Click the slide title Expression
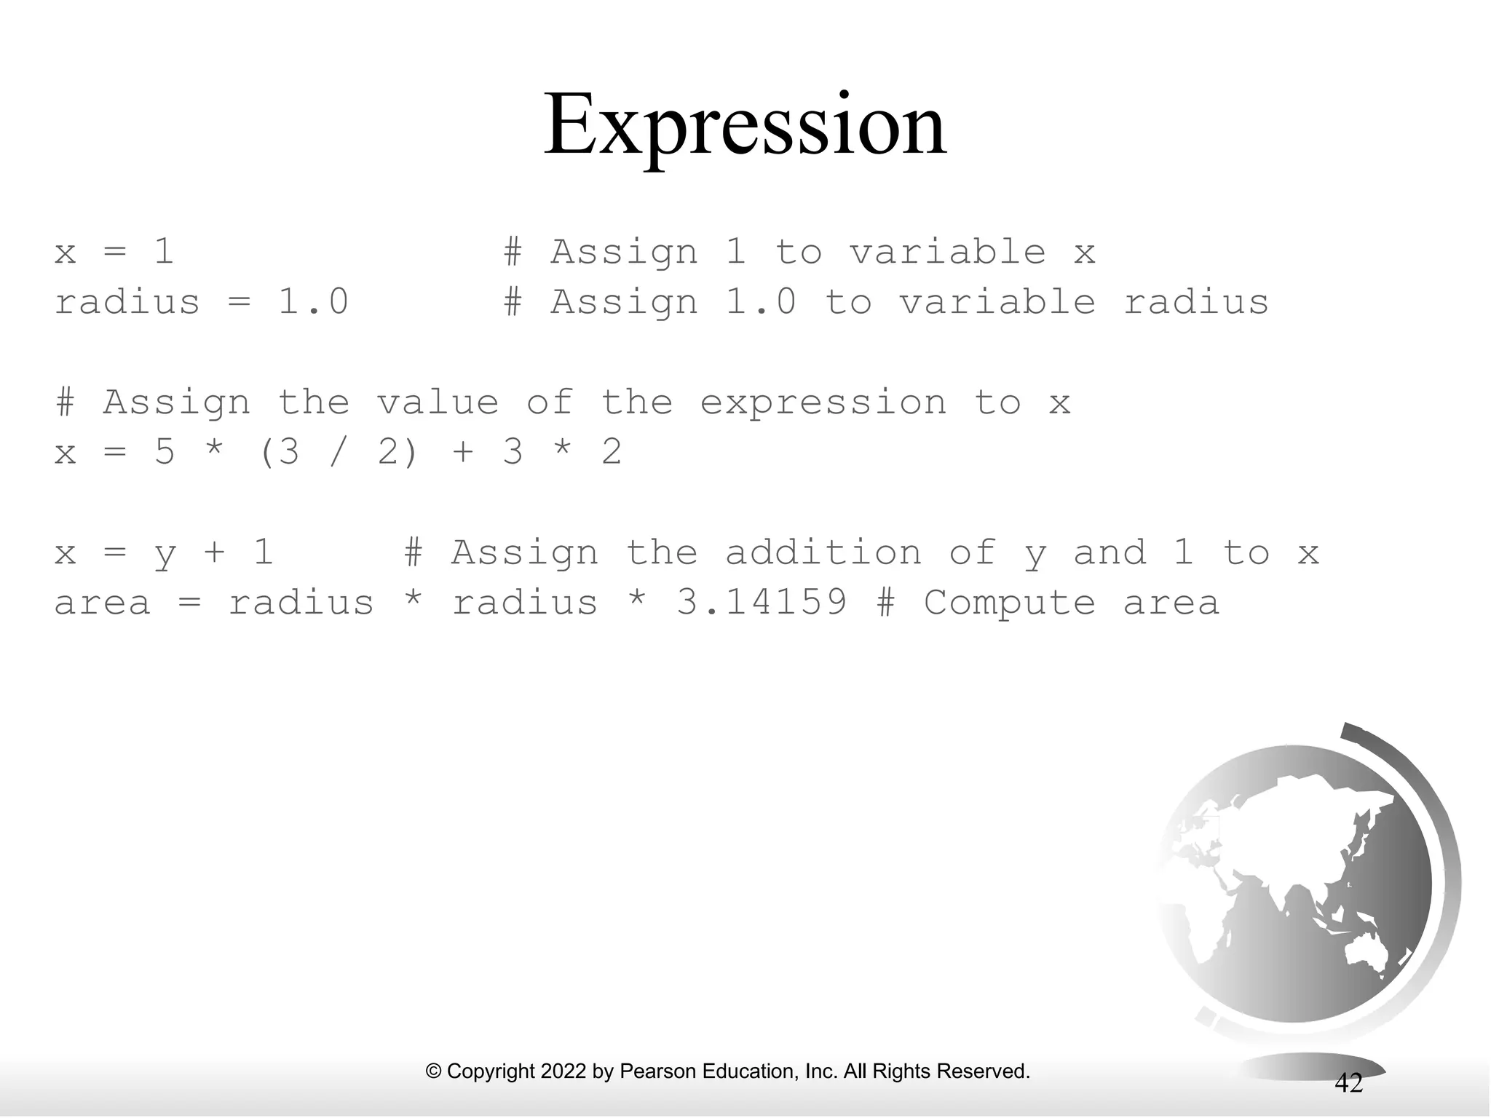click(x=745, y=125)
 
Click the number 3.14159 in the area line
click(x=762, y=603)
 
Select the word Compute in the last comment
click(x=1009, y=603)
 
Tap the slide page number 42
click(x=1348, y=1083)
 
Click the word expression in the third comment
click(x=823, y=403)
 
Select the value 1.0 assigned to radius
click(x=313, y=302)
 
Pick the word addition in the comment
click(x=823, y=552)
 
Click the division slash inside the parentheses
click(x=336, y=452)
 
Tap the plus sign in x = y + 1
click(x=214, y=552)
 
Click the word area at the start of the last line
click(x=102, y=603)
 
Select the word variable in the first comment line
click(x=948, y=252)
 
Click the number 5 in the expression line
click(x=165, y=452)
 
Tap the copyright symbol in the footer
click(x=434, y=1071)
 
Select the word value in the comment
click(x=437, y=403)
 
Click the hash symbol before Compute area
click(x=885, y=603)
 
